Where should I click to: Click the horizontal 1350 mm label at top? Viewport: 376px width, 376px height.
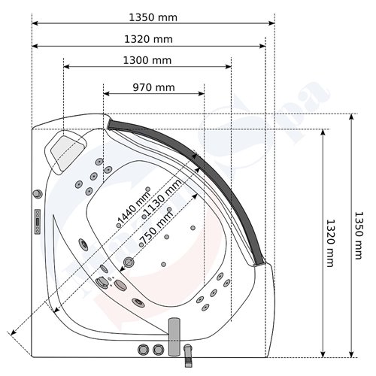[x=154, y=15]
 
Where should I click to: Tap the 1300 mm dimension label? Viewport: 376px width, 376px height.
[x=147, y=59]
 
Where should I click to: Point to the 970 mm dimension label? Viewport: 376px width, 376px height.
[x=153, y=87]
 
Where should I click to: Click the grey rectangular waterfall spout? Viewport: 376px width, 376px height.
[x=172, y=332]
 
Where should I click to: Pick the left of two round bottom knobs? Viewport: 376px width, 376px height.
[x=142, y=350]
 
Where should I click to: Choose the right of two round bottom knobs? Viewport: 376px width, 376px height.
[x=157, y=350]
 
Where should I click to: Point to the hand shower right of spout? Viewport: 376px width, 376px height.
[x=188, y=350]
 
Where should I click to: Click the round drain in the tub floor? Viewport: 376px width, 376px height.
[x=129, y=262]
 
